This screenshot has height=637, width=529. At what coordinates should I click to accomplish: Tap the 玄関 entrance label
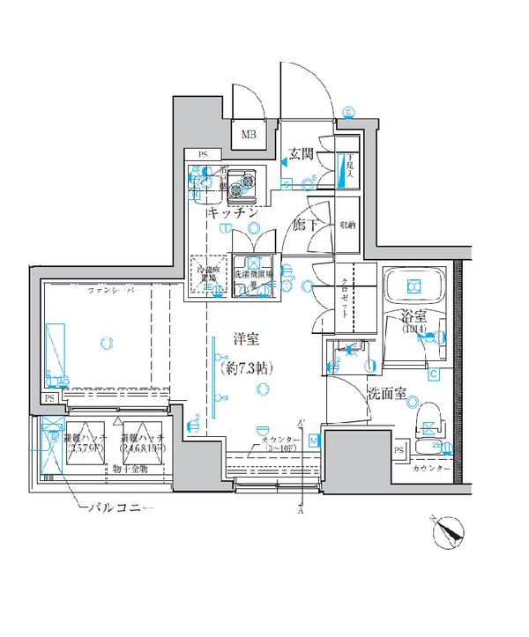pyautogui.click(x=302, y=154)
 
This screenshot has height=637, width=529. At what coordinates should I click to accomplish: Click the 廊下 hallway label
pyautogui.click(x=304, y=225)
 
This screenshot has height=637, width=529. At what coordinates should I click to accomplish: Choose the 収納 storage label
pyautogui.click(x=348, y=225)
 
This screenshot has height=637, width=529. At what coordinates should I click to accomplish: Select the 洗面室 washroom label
pyautogui.click(x=388, y=394)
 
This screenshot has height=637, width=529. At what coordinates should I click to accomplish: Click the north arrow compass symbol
pyautogui.click(x=448, y=532)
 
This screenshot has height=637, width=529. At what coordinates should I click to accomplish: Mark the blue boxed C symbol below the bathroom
pyautogui.click(x=434, y=374)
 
